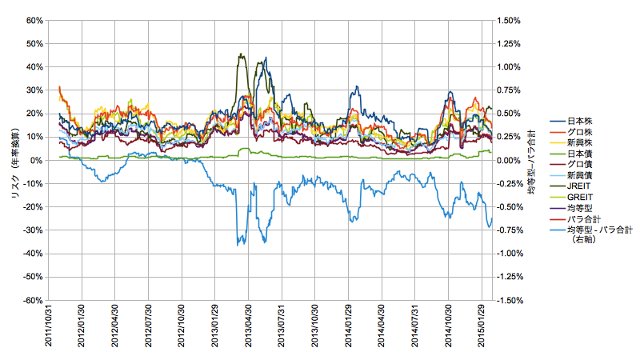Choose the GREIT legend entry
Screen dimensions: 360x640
pyautogui.click(x=577, y=195)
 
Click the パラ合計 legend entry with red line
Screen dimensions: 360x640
pyautogui.click(x=579, y=216)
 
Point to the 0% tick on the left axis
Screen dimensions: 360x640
pyautogui.click(x=36, y=160)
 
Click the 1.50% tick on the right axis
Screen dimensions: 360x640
pyautogui.click(x=509, y=20)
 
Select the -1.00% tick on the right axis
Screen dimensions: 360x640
pyautogui.click(x=510, y=254)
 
